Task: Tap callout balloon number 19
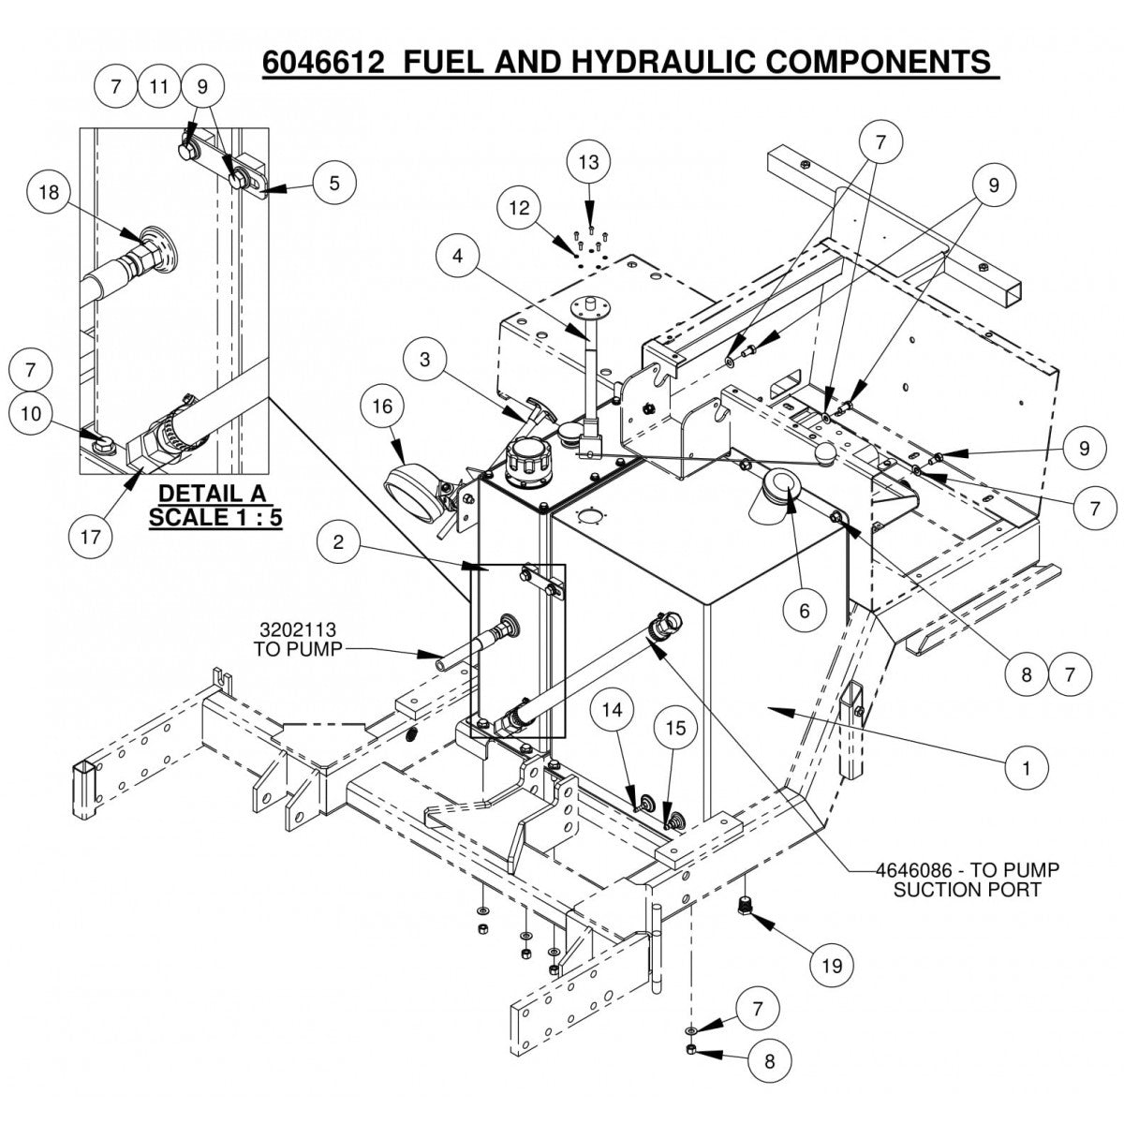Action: point(833,966)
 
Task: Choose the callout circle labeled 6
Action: point(805,611)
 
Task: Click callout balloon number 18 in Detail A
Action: point(48,193)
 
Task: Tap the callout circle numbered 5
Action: point(333,183)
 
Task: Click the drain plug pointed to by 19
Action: point(746,906)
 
